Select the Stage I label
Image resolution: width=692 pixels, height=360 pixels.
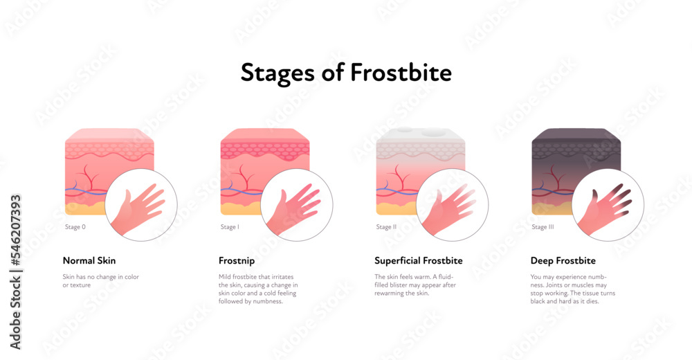(229, 226)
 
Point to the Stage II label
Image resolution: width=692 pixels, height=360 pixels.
(385, 226)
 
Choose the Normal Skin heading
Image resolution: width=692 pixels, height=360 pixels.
(89, 261)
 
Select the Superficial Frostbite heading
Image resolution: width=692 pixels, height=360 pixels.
(419, 261)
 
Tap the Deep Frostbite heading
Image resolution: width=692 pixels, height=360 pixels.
(563, 261)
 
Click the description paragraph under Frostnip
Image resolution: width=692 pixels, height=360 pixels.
(258, 289)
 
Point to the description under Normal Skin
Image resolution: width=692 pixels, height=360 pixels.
(100, 280)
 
